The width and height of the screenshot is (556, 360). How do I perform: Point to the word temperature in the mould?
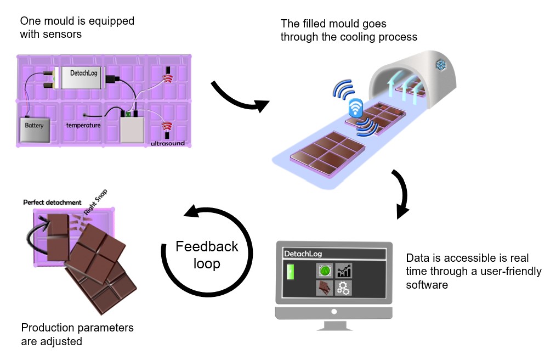click(83, 125)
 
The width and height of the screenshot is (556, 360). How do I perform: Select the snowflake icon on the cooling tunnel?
click(440, 65)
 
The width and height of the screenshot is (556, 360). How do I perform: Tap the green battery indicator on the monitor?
click(291, 272)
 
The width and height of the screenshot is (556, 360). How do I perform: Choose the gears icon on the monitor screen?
click(344, 288)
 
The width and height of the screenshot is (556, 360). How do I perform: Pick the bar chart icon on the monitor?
click(344, 270)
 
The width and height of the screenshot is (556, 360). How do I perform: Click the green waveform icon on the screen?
click(325, 270)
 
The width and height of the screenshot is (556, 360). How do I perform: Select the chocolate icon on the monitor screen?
click(325, 288)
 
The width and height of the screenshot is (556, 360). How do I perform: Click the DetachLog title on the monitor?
click(303, 254)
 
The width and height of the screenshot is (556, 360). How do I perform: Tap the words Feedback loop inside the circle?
click(207, 255)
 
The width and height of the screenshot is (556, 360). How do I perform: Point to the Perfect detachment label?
click(52, 203)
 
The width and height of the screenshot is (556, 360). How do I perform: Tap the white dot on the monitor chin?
click(334, 312)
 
